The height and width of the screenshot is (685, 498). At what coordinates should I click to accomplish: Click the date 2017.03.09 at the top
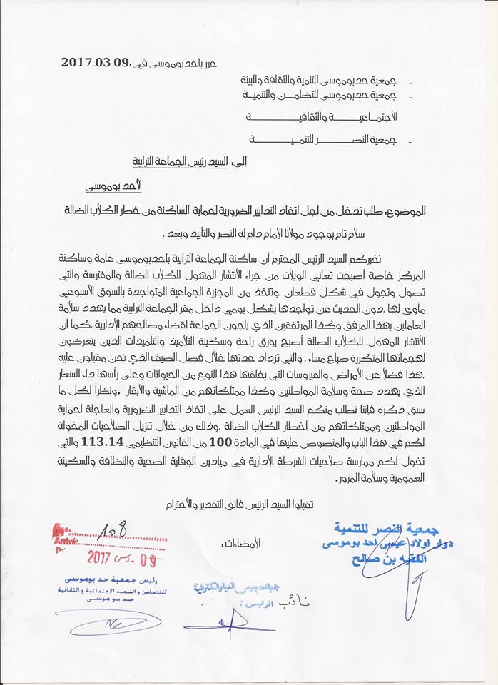pos(94,62)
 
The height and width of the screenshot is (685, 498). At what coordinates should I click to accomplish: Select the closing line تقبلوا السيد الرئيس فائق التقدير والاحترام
pos(243,504)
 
